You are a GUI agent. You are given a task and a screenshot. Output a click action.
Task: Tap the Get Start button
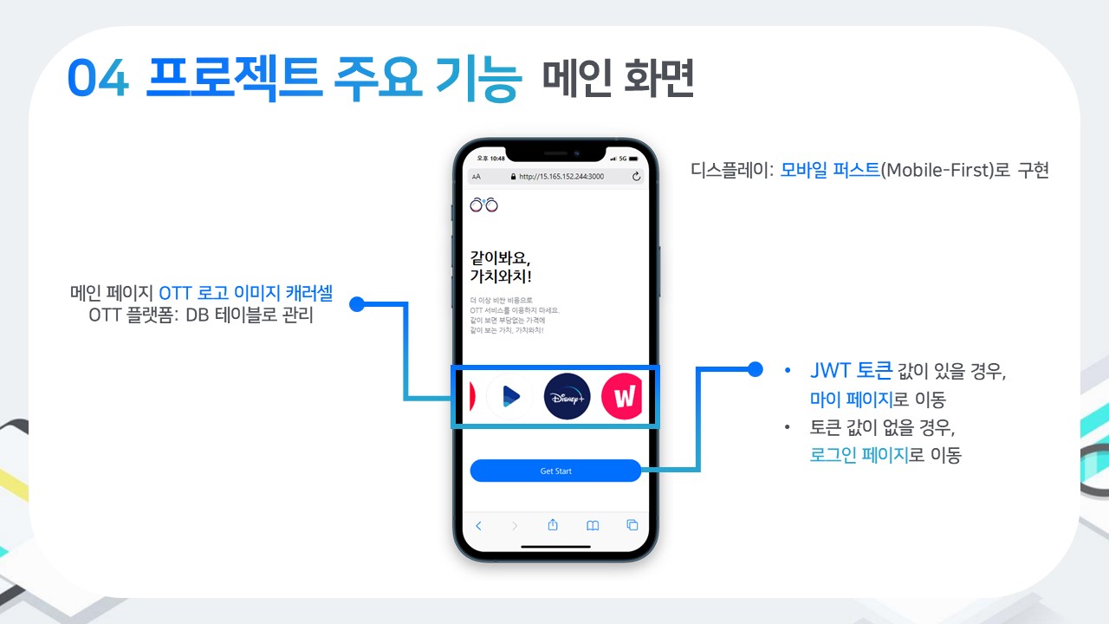(x=555, y=471)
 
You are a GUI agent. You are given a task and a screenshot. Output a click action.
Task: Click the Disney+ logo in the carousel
(x=567, y=397)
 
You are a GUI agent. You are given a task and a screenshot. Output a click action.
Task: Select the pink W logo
(x=622, y=397)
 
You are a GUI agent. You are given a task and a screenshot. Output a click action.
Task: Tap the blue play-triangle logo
(x=510, y=397)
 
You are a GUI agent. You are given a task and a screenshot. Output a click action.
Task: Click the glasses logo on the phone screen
(x=484, y=205)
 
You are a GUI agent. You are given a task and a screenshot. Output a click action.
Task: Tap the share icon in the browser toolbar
(x=553, y=525)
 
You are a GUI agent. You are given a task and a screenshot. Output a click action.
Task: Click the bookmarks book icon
(x=593, y=525)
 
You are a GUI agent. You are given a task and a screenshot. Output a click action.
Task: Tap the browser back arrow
(x=478, y=525)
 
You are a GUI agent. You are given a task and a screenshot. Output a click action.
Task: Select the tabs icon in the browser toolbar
(x=632, y=525)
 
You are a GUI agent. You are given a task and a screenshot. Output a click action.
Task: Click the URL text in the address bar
(x=561, y=176)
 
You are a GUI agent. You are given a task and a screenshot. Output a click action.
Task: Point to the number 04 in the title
(x=98, y=80)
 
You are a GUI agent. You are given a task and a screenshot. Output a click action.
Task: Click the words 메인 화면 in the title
(x=618, y=80)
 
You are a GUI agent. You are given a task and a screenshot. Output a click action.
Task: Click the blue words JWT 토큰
(x=850, y=371)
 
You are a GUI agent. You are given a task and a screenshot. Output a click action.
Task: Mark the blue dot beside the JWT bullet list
(x=755, y=369)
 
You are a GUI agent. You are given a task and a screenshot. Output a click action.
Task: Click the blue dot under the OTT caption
(x=355, y=303)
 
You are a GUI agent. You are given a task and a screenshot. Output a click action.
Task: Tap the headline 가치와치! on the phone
(x=501, y=277)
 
